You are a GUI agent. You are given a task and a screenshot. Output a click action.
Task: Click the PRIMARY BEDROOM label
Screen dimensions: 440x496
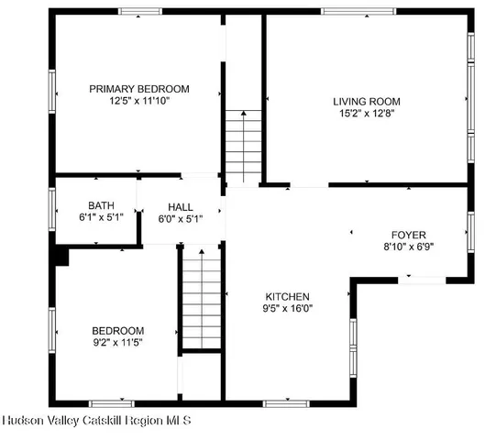pyautogui.click(x=138, y=89)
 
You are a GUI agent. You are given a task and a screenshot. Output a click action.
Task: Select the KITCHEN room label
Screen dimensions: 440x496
pyautogui.click(x=287, y=297)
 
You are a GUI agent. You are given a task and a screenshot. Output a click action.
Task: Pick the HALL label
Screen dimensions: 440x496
pyautogui.click(x=180, y=206)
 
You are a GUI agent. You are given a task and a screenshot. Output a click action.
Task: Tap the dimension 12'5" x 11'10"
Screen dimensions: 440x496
pyautogui.click(x=138, y=101)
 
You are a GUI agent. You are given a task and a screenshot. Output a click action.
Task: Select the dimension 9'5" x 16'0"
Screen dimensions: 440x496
pyautogui.click(x=287, y=309)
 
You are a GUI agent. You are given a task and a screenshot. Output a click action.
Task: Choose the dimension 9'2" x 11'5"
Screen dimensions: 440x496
pyautogui.click(x=117, y=342)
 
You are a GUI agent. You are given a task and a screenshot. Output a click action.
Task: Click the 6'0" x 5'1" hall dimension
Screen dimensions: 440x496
pyautogui.click(x=180, y=218)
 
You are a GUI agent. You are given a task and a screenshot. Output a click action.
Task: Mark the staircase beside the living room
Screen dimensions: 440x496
pyautogui.click(x=244, y=147)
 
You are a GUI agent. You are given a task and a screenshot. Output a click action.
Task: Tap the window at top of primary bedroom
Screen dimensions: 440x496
pyautogui.click(x=140, y=12)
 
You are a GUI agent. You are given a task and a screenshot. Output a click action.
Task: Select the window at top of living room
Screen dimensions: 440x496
pyautogui.click(x=352, y=12)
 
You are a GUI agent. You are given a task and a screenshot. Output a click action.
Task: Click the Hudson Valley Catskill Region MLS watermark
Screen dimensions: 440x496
pyautogui.click(x=96, y=422)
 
